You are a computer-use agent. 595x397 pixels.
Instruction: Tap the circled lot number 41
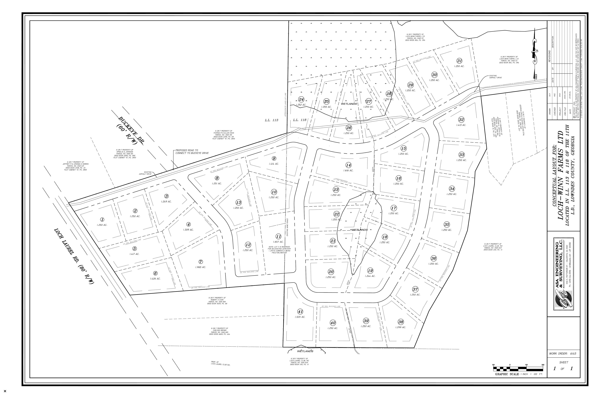click(x=300, y=312)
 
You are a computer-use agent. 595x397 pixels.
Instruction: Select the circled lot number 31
click(x=459, y=61)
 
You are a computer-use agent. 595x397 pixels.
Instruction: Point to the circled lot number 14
click(x=349, y=165)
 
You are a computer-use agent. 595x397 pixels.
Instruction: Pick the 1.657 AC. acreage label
click(x=278, y=242)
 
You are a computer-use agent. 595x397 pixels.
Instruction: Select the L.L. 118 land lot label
click(x=300, y=120)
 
